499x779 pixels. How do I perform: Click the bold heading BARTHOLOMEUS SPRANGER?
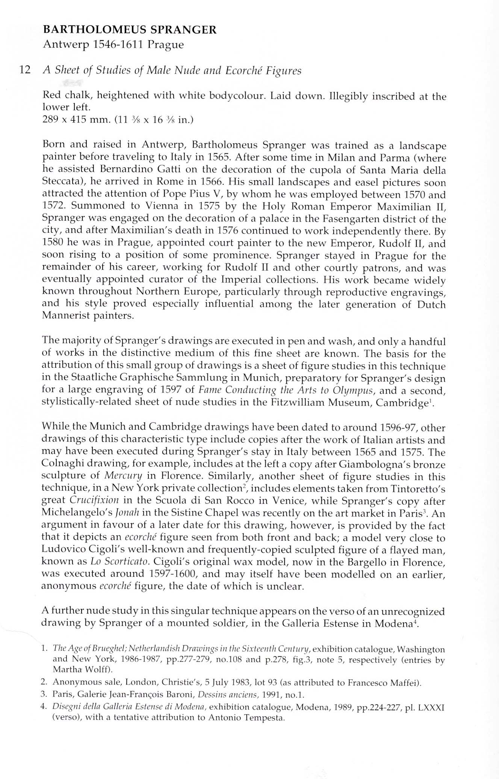[130, 30]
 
